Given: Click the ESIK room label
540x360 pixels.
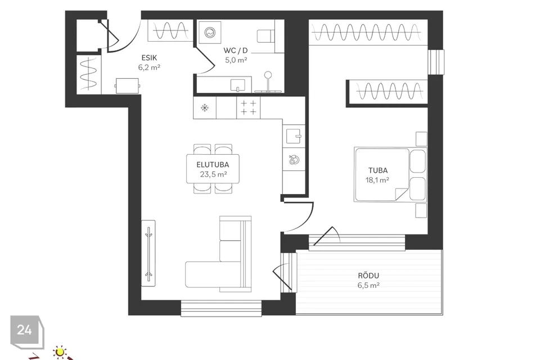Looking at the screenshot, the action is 149,58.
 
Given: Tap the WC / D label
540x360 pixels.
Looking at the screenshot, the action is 236,50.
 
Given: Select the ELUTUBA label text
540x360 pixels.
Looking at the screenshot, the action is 213,165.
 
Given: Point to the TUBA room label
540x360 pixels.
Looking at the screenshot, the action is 378,170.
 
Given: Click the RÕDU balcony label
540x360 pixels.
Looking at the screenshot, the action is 368,276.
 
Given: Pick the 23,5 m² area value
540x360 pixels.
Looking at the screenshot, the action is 213,174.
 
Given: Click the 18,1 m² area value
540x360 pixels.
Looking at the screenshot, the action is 377,180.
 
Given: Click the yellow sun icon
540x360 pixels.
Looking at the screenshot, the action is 60,352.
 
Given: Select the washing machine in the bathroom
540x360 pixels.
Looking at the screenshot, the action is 210,33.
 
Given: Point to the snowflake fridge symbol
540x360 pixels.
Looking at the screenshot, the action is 205,108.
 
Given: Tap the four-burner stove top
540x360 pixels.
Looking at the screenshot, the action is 248,108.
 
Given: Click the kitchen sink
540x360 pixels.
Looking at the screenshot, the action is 294,136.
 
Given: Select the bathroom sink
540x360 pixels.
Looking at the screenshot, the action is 237,84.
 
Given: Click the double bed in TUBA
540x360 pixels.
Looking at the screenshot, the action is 390,175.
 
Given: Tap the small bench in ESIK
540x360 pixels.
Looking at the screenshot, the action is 128,85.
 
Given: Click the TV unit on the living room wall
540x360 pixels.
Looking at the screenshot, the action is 148,253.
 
